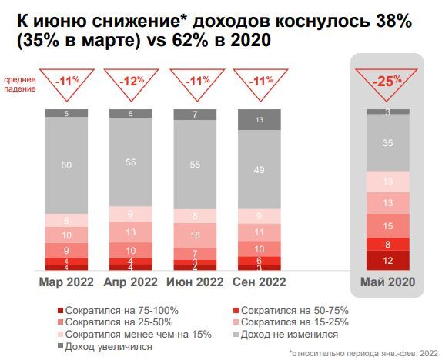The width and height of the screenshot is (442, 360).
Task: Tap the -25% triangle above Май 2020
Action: tap(388, 82)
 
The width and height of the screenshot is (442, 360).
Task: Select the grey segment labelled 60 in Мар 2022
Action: tap(66, 165)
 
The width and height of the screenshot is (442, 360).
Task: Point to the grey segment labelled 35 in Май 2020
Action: tap(388, 142)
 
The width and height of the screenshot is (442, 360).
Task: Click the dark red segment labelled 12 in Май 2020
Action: tap(388, 261)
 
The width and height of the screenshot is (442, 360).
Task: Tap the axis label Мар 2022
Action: tap(66, 282)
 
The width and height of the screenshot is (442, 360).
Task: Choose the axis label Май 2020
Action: tap(388, 282)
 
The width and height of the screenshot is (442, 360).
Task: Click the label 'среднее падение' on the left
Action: tap(20, 84)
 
